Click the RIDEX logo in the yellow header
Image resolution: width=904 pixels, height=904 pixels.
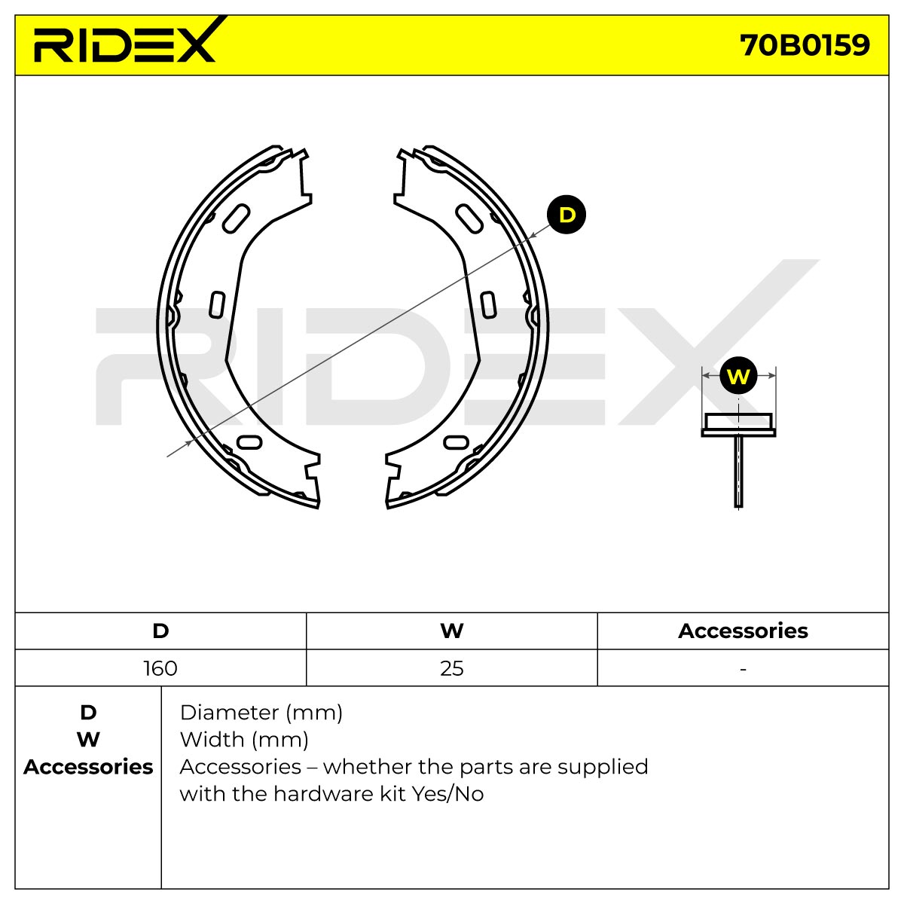click(x=125, y=39)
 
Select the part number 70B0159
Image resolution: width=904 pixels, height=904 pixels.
click(x=805, y=45)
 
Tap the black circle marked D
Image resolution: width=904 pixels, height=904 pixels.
click(x=567, y=215)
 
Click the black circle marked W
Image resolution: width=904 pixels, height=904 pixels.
click(x=738, y=376)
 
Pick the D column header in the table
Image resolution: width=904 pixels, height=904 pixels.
click(x=160, y=631)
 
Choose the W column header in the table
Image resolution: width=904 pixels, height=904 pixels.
click(x=452, y=631)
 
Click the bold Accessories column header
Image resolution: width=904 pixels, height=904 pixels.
click(x=743, y=631)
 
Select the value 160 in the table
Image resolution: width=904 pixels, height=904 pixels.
click(x=160, y=668)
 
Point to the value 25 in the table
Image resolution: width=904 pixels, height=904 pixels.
click(x=452, y=668)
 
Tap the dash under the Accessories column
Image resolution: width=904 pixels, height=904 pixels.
click(x=743, y=670)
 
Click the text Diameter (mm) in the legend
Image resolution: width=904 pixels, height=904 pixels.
click(x=261, y=713)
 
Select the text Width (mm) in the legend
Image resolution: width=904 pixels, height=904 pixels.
click(x=244, y=741)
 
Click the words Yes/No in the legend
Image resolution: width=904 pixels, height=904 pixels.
click(x=447, y=794)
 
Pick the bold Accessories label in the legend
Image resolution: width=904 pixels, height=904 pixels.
click(x=88, y=767)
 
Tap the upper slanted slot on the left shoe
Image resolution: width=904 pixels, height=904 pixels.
click(x=236, y=218)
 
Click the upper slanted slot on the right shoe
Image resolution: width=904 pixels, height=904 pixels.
click(x=469, y=218)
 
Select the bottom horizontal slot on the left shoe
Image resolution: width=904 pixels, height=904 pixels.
click(x=249, y=442)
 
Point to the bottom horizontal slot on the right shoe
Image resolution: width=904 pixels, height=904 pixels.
click(x=456, y=442)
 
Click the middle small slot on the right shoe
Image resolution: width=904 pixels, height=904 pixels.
click(x=488, y=304)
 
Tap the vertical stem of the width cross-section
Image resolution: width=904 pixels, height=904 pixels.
click(x=738, y=471)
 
